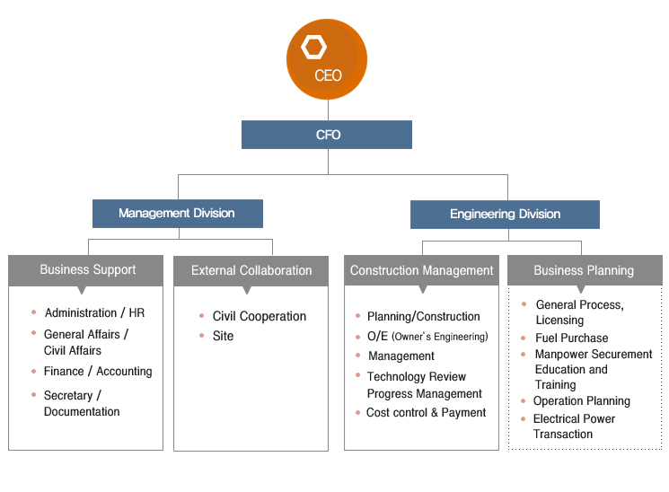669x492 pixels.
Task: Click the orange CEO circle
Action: pyautogui.click(x=327, y=59)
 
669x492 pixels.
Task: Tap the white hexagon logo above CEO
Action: pyautogui.click(x=314, y=48)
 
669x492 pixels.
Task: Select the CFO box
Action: pyautogui.click(x=327, y=135)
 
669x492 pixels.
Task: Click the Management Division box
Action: pyautogui.click(x=178, y=214)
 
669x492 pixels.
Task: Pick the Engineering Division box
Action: pyautogui.click(x=505, y=215)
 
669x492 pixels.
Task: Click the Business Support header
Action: pyautogui.click(x=86, y=270)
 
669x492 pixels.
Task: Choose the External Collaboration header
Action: pyautogui.click(x=251, y=271)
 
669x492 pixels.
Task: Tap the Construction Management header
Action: pyautogui.click(x=421, y=270)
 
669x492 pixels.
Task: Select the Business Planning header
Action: pyautogui.click(x=585, y=270)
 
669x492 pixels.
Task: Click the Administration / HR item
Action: pyautogui.click(x=94, y=312)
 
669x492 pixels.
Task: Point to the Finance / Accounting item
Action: pyautogui.click(x=98, y=372)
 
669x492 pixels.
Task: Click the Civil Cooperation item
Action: pyautogui.click(x=260, y=316)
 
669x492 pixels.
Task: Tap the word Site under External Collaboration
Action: pyautogui.click(x=223, y=336)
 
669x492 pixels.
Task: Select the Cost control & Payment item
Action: pyautogui.click(x=426, y=413)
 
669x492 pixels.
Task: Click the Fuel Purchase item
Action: pyautogui.click(x=572, y=338)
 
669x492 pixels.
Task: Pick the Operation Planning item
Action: pyautogui.click(x=582, y=401)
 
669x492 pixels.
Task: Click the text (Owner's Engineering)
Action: pyautogui.click(x=439, y=337)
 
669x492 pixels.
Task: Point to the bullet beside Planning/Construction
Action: pyautogui.click(x=358, y=316)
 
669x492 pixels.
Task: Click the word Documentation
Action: pyautogui.click(x=82, y=412)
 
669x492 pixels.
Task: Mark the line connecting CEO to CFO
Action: pyautogui.click(x=328, y=110)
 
